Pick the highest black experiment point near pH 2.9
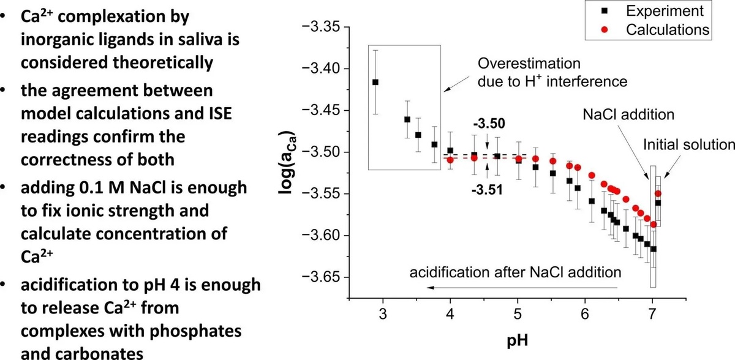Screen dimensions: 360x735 point(375,81)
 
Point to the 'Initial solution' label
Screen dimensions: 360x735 point(688,144)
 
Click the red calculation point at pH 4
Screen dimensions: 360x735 point(450,160)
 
